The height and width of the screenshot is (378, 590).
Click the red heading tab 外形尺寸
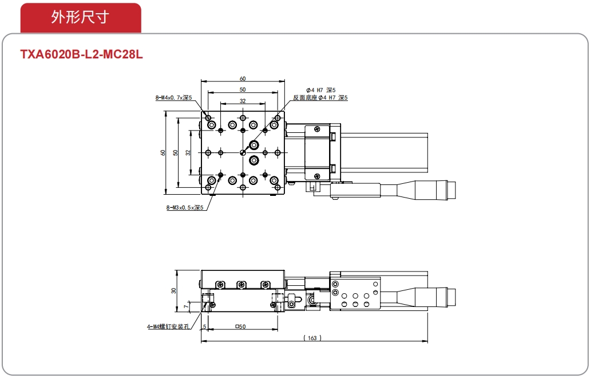pos(81,18)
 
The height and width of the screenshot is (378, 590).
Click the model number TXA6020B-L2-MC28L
pos(82,54)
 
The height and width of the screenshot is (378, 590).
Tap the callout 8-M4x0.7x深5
pos(173,97)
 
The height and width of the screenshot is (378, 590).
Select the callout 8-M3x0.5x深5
pos(185,207)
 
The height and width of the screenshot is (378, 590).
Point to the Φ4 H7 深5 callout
pos(320,90)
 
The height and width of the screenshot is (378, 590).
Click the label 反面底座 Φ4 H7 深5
pos(320,97)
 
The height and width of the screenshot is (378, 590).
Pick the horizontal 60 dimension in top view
pos(243,78)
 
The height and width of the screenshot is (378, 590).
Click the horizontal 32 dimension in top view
pos(243,101)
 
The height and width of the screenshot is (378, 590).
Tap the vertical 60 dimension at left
pos(163,152)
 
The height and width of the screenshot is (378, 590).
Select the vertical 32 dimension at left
pos(188,152)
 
